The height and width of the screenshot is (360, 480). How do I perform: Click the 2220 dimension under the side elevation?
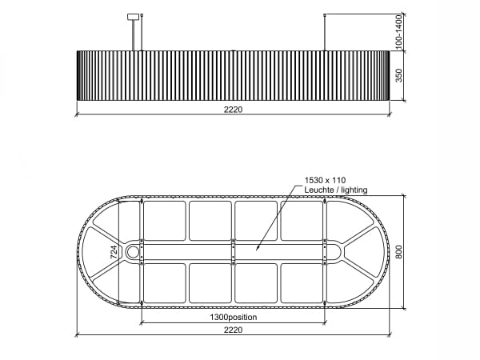coord(233,110)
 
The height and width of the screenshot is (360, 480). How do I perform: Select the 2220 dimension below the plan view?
coord(233,329)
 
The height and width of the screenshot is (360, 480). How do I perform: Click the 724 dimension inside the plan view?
coord(114,252)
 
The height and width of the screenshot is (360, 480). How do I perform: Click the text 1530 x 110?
coord(325,181)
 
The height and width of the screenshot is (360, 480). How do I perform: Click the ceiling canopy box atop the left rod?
coord(134,16)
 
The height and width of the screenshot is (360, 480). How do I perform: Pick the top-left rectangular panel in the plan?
coord(164,220)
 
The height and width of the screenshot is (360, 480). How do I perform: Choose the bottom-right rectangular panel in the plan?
coord(302,283)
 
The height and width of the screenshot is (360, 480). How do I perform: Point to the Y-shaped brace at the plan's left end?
coord(108,251)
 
